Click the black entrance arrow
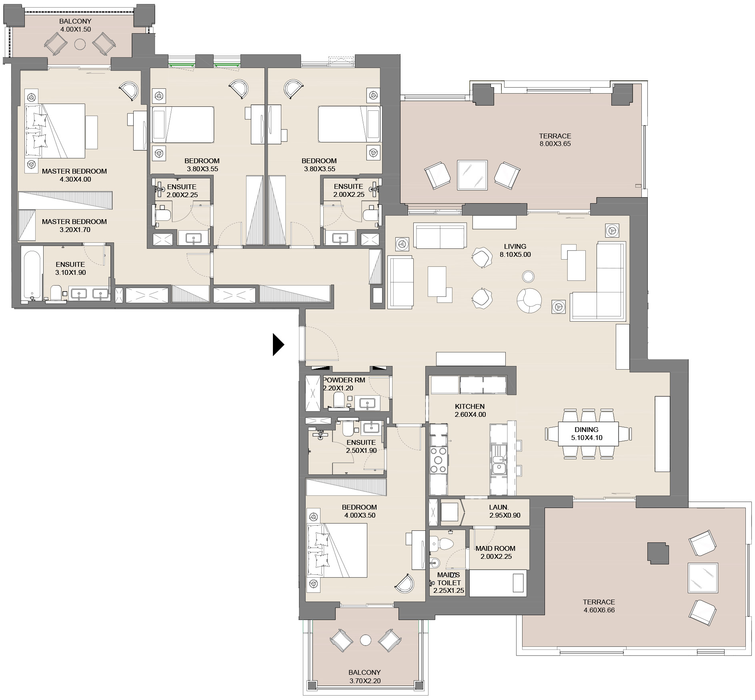point(278,344)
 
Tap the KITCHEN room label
point(470,406)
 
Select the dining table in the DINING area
point(588,434)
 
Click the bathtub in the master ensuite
point(32,275)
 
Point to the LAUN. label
point(499,507)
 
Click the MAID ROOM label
point(495,548)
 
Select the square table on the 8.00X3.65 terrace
point(472,175)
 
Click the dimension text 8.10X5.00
point(515,254)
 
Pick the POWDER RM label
point(344,380)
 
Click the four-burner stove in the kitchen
point(439,460)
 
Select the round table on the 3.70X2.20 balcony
point(365,640)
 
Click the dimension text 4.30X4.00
point(75,179)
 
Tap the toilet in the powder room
point(339,400)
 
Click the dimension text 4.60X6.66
point(599,610)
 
